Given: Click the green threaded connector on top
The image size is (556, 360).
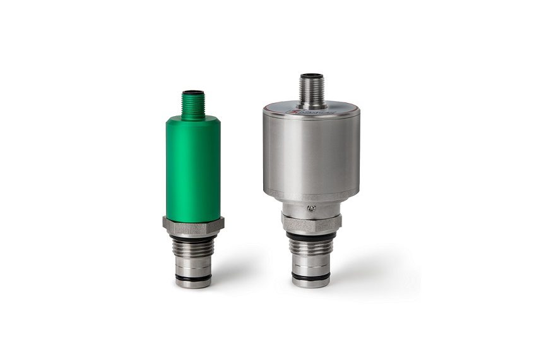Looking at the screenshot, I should [x=193, y=105].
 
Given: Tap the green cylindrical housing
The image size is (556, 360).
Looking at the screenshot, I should [x=193, y=167].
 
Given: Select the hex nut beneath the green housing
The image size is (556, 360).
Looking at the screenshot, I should [x=193, y=224].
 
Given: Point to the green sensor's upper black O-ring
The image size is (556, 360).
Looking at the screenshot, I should [x=193, y=239].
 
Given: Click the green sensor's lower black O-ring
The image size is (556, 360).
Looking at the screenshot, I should [x=193, y=276].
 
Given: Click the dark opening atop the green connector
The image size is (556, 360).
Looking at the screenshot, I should [x=193, y=93].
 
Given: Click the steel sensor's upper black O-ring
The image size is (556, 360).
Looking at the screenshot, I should [x=311, y=236].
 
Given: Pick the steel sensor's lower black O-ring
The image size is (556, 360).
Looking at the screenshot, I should [x=311, y=275].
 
